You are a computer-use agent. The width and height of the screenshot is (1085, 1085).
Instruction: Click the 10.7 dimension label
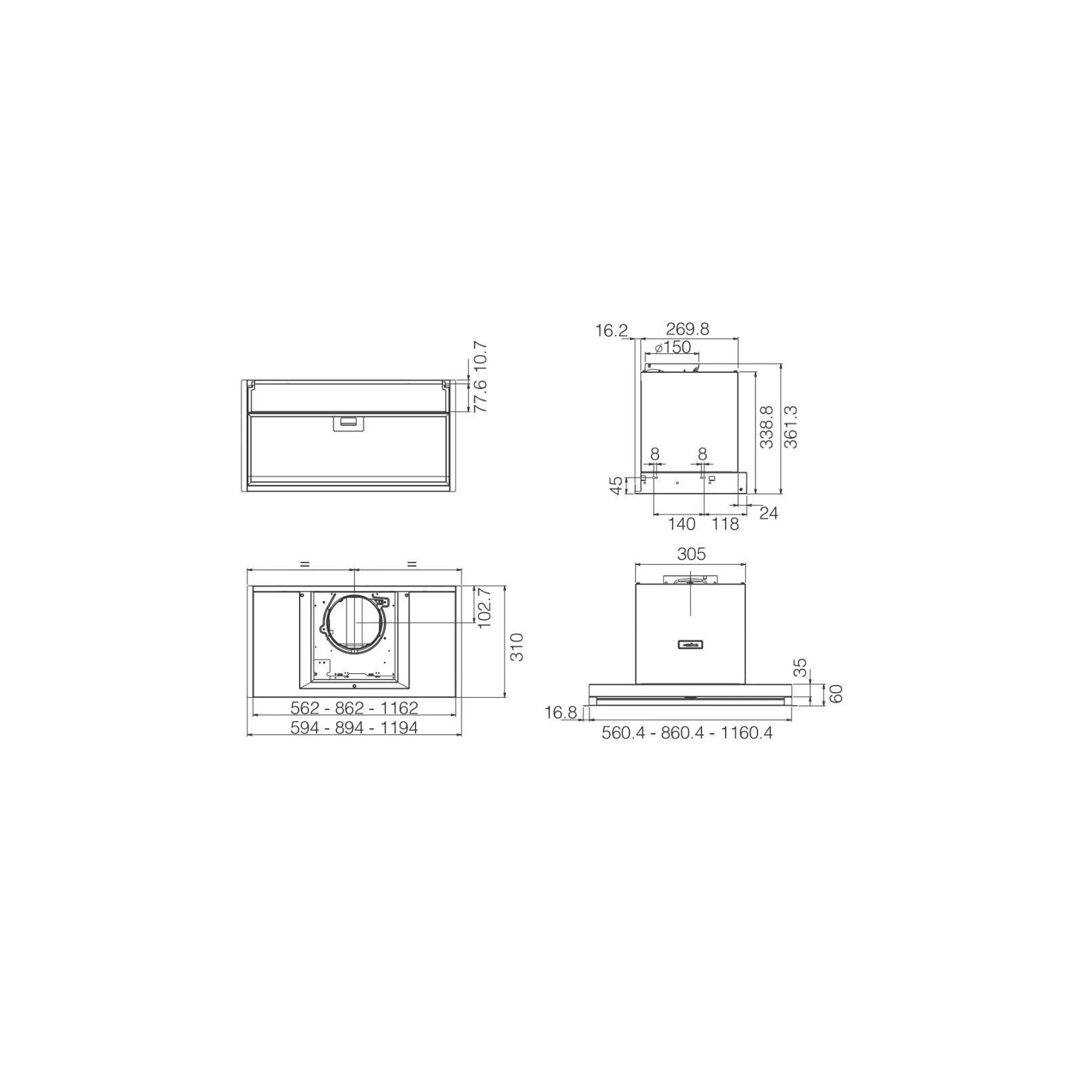click(480, 356)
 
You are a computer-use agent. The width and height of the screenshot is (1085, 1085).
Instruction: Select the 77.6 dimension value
click(480, 397)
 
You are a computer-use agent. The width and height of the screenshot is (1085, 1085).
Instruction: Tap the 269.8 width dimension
click(688, 329)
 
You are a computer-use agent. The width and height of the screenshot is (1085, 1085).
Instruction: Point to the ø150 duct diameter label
click(673, 348)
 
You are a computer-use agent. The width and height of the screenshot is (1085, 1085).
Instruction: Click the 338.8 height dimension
click(767, 427)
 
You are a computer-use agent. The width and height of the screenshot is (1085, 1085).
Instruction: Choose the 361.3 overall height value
click(791, 427)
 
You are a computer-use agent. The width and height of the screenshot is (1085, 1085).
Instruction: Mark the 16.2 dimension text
click(612, 331)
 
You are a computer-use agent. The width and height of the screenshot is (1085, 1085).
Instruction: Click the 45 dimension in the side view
click(616, 486)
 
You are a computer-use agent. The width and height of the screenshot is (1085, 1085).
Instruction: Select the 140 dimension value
click(682, 524)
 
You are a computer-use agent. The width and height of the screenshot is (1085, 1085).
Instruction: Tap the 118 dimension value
click(725, 524)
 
